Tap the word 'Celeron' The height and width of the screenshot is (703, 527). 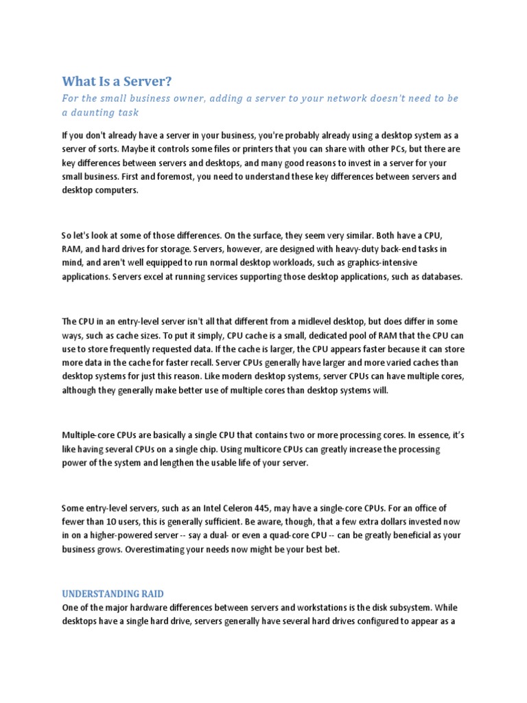click(220, 508)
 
